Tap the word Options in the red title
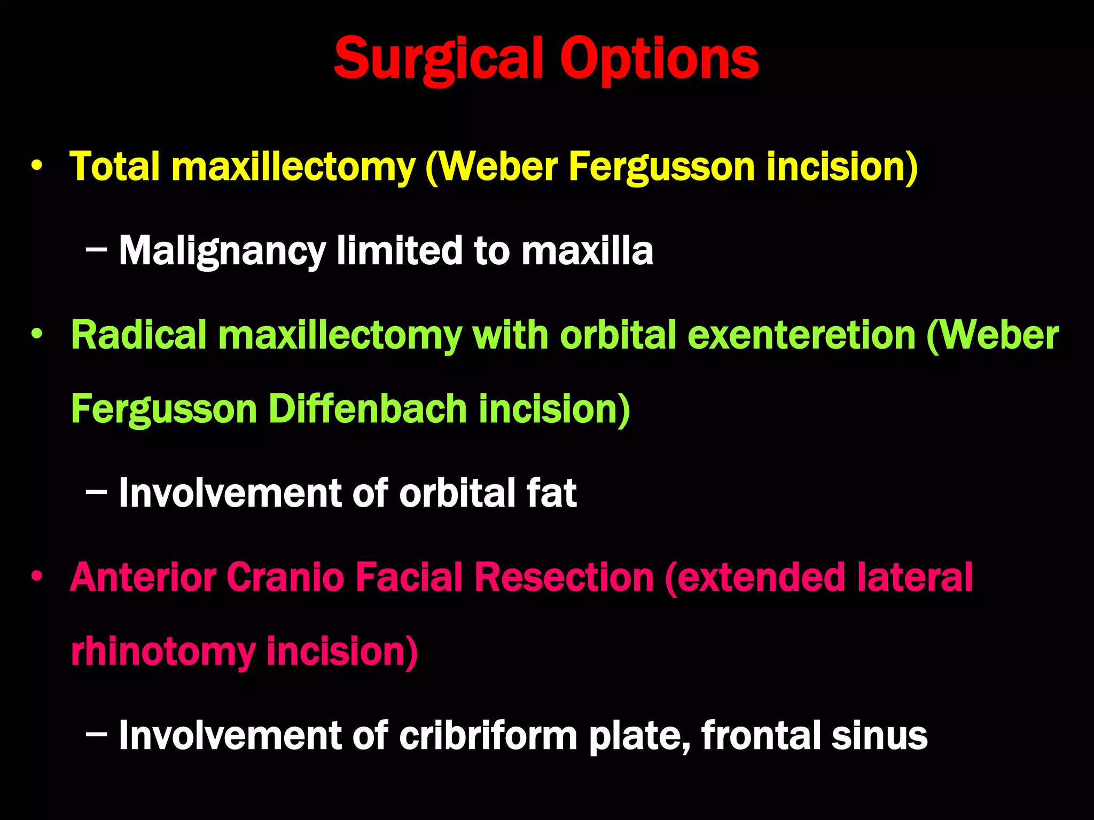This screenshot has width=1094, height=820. pos(659,59)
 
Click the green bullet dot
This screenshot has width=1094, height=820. pos(36,334)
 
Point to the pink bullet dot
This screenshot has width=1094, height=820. pos(36,577)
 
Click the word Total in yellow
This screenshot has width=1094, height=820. pos(114,167)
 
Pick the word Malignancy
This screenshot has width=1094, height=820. pos(222,251)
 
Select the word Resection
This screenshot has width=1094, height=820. pos(564,578)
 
